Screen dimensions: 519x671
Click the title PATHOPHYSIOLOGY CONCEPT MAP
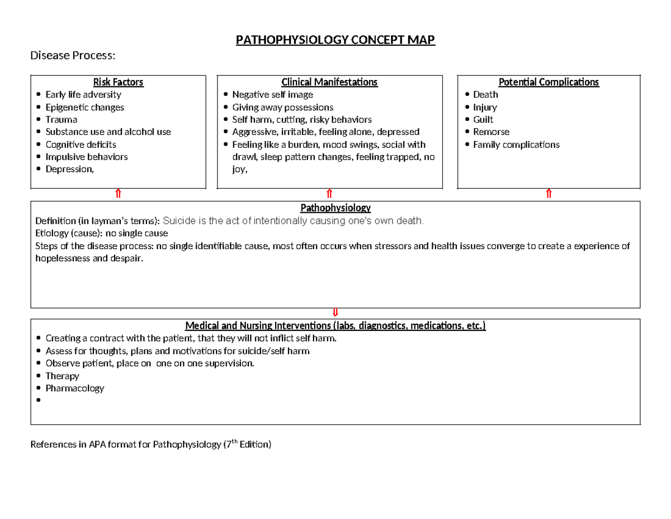[335, 40]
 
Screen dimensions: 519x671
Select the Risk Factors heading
[118, 82]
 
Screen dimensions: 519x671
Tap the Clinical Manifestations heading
[329, 82]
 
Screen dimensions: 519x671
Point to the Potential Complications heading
[549, 82]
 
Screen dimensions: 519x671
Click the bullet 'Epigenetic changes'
[84, 107]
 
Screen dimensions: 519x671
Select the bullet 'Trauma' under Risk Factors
[62, 119]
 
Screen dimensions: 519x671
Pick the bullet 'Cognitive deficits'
[81, 144]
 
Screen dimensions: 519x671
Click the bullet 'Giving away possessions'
[282, 107]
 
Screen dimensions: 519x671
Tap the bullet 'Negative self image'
[272, 95]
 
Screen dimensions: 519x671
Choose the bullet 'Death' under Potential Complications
[485, 95]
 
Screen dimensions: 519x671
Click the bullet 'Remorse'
[491, 132]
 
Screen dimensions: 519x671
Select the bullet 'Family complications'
[516, 144]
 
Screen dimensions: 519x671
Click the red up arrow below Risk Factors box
[118, 194]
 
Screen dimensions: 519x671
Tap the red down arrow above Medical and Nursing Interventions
[335, 312]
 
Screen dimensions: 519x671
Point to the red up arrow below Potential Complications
[549, 194]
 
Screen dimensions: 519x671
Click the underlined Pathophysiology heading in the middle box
[335, 208]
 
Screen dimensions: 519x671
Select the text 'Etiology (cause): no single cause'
[101, 233]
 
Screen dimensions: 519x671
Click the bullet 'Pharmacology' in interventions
[74, 388]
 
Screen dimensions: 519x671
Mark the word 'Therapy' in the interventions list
[62, 376]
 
